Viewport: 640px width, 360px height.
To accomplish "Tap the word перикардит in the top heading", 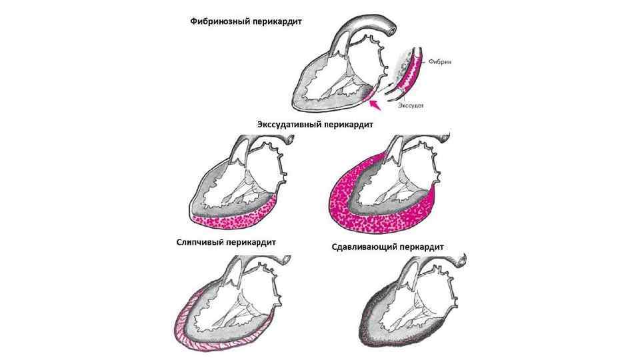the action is click(x=275, y=21).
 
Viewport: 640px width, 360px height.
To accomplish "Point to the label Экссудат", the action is click(x=411, y=105).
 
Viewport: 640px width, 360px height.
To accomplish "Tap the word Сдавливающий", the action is click(x=365, y=247).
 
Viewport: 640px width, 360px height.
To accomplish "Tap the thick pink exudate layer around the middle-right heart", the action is click(x=347, y=200).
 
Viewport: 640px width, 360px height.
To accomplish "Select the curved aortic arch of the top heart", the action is click(x=373, y=20).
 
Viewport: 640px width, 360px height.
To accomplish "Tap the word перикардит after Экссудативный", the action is click(x=347, y=124).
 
